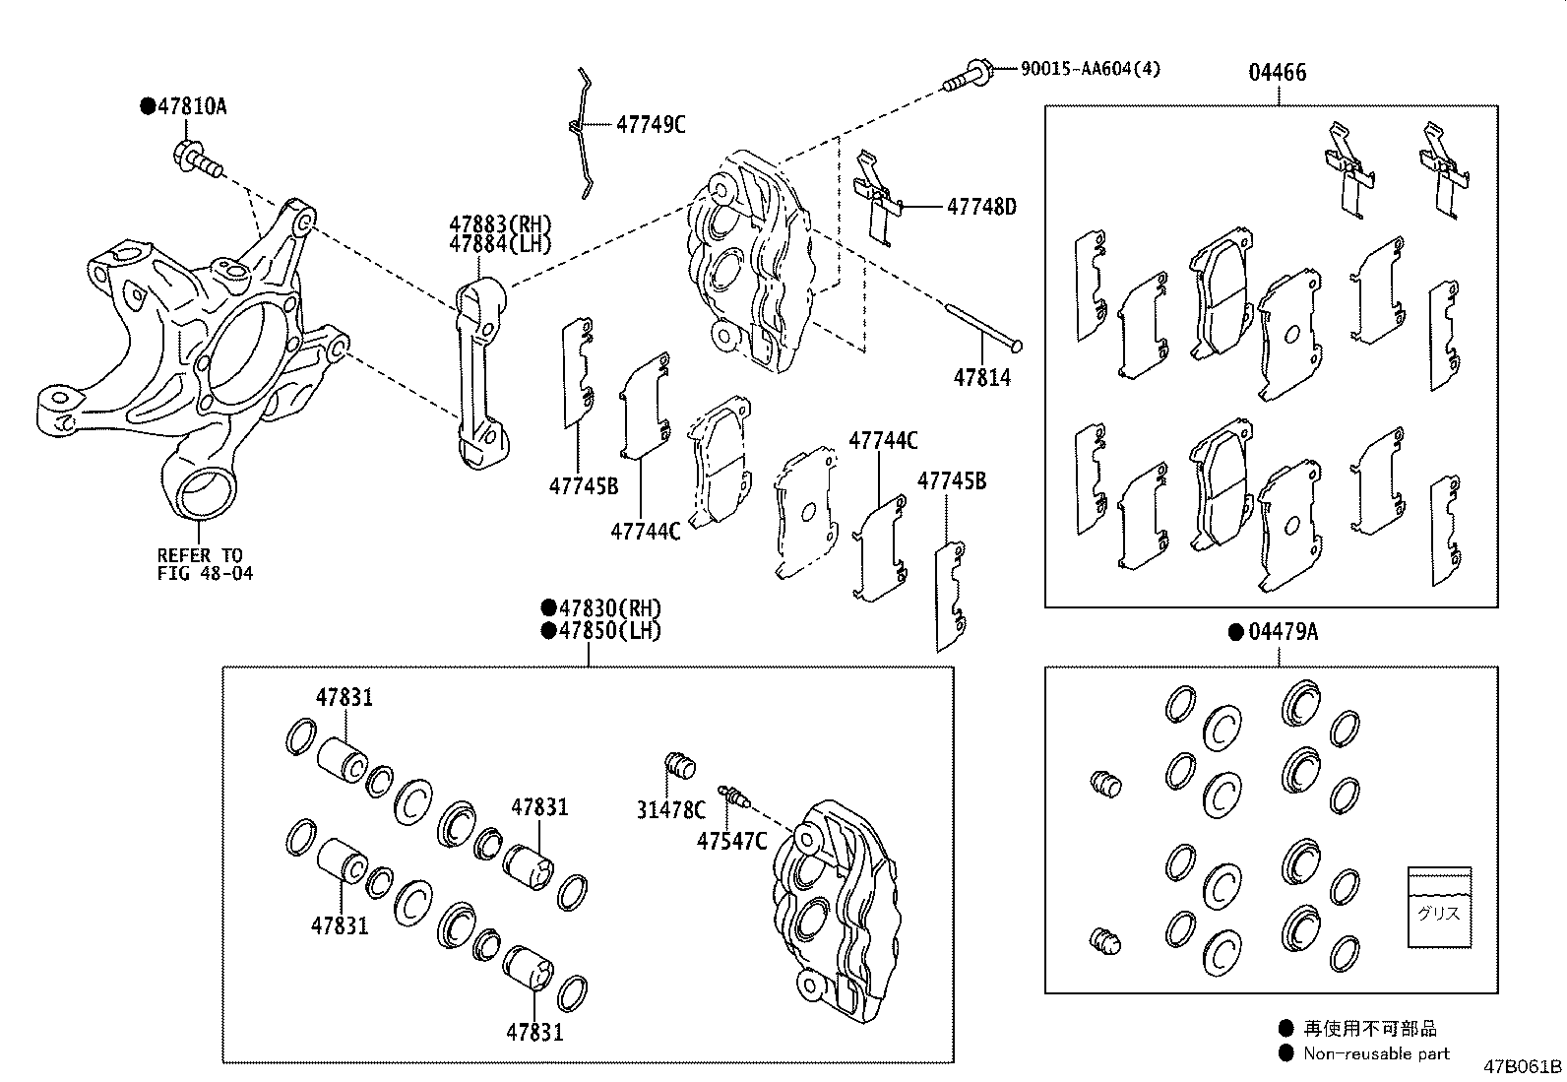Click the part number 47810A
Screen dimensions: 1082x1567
[x=190, y=106]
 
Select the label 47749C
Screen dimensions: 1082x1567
[x=651, y=124]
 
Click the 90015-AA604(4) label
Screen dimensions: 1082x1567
[x=1090, y=68]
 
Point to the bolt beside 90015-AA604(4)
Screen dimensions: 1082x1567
[x=969, y=75]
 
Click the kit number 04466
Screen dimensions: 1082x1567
[x=1278, y=72]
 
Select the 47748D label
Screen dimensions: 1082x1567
[x=980, y=207]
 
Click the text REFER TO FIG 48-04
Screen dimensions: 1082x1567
[x=205, y=564]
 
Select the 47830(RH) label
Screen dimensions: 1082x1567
[x=608, y=608]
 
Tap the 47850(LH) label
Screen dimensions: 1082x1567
[x=608, y=631]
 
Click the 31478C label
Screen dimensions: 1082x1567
[x=670, y=810]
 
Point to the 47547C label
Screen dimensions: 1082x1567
[x=731, y=841]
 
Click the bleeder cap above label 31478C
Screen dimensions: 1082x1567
[x=678, y=763]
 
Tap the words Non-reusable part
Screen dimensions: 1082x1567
[x=1376, y=1053]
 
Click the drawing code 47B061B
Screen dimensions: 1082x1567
[x=1523, y=1067]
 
